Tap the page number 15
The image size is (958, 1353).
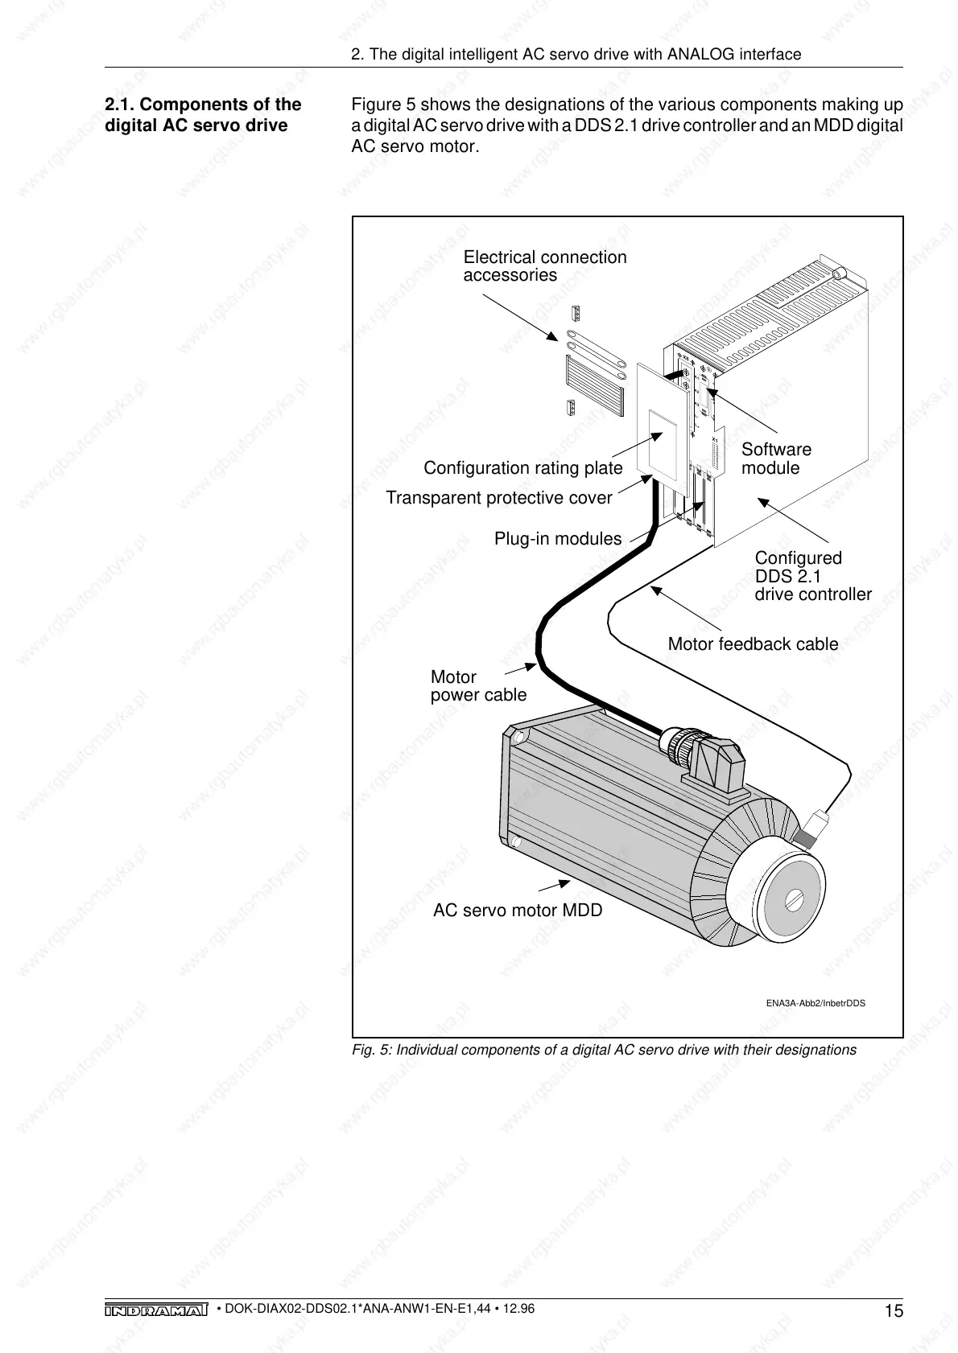pos(894,1312)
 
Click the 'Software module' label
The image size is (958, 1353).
pos(776,459)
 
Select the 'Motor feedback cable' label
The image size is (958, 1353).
pos(753,644)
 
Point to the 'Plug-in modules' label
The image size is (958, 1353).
pos(558,539)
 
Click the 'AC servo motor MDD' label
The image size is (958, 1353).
pos(518,911)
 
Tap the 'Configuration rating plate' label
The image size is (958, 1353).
pos(522,468)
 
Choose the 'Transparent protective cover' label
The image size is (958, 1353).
pos(499,498)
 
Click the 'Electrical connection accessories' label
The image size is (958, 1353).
pos(544,266)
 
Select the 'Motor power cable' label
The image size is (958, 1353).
pos(478,686)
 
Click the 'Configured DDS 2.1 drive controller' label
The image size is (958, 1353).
pos(812,576)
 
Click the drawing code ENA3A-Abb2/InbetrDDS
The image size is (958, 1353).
pos(815,1004)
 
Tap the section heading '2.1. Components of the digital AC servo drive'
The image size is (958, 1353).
pos(204,115)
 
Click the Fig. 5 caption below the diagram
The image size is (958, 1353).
pos(604,1050)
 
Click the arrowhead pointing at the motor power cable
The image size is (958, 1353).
pos(531,665)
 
